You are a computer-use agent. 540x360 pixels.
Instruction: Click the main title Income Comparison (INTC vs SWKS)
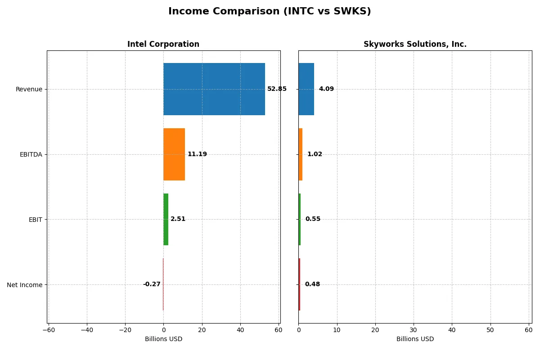click(270, 12)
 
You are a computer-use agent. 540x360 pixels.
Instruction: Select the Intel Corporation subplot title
click(163, 44)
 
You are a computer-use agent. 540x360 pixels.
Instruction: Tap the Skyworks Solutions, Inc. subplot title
click(414, 44)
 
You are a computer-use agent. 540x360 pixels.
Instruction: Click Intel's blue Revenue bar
click(214, 89)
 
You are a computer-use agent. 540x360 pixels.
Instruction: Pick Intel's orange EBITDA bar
click(174, 154)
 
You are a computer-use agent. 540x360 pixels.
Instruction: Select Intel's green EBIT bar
click(166, 219)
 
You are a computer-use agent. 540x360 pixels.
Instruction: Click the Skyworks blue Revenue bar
click(306, 89)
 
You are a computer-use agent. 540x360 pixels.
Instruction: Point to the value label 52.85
click(277, 89)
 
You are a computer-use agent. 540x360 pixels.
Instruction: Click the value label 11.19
click(197, 154)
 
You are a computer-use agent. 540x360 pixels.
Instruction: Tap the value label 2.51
click(178, 219)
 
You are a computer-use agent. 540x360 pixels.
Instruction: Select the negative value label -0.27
click(152, 284)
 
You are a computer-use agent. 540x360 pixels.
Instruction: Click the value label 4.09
click(326, 89)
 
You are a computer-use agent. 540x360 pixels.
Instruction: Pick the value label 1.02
click(315, 154)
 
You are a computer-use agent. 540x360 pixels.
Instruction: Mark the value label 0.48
click(312, 284)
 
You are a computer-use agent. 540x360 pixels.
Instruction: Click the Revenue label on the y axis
click(29, 89)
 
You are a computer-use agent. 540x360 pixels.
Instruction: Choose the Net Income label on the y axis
click(25, 285)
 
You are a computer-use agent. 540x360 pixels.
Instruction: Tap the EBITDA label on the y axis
click(31, 154)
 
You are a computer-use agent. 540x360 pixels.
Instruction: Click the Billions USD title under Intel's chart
click(163, 339)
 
